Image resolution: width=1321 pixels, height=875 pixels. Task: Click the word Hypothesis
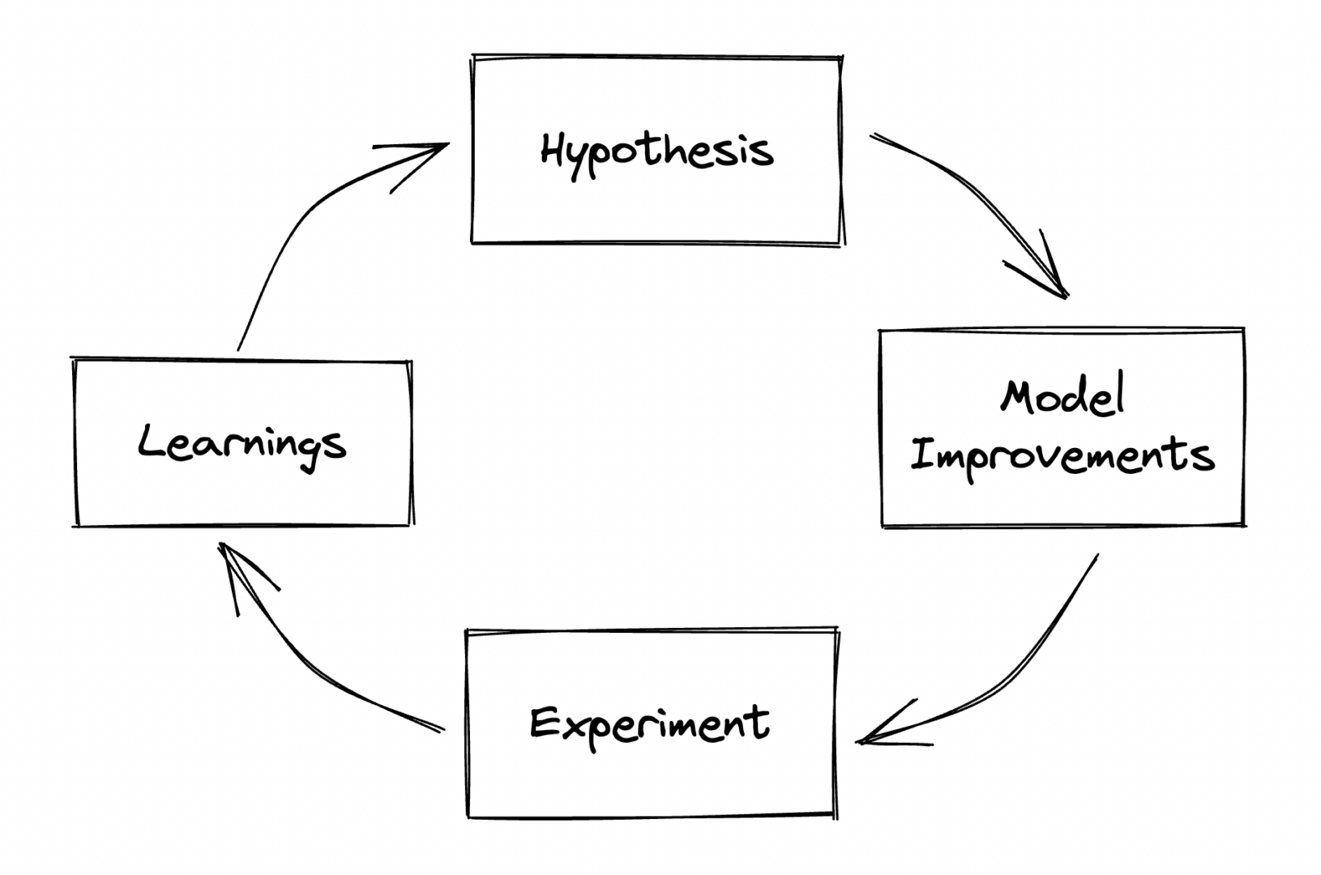pos(656,152)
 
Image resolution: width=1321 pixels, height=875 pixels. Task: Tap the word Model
pos(1062,397)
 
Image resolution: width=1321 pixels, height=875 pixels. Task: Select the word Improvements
pos(1062,455)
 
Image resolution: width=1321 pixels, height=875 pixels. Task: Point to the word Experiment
pos(649,723)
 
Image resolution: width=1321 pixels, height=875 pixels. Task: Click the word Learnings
pos(242,445)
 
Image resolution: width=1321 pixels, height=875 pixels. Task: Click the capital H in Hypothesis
pos(553,150)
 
